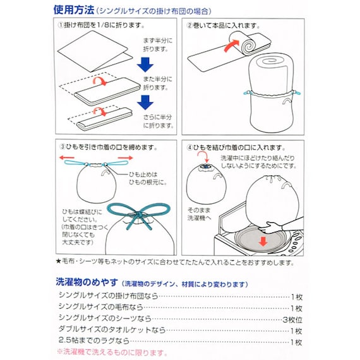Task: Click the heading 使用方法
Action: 73,10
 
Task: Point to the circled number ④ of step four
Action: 189,148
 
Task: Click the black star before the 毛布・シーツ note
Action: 57,262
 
